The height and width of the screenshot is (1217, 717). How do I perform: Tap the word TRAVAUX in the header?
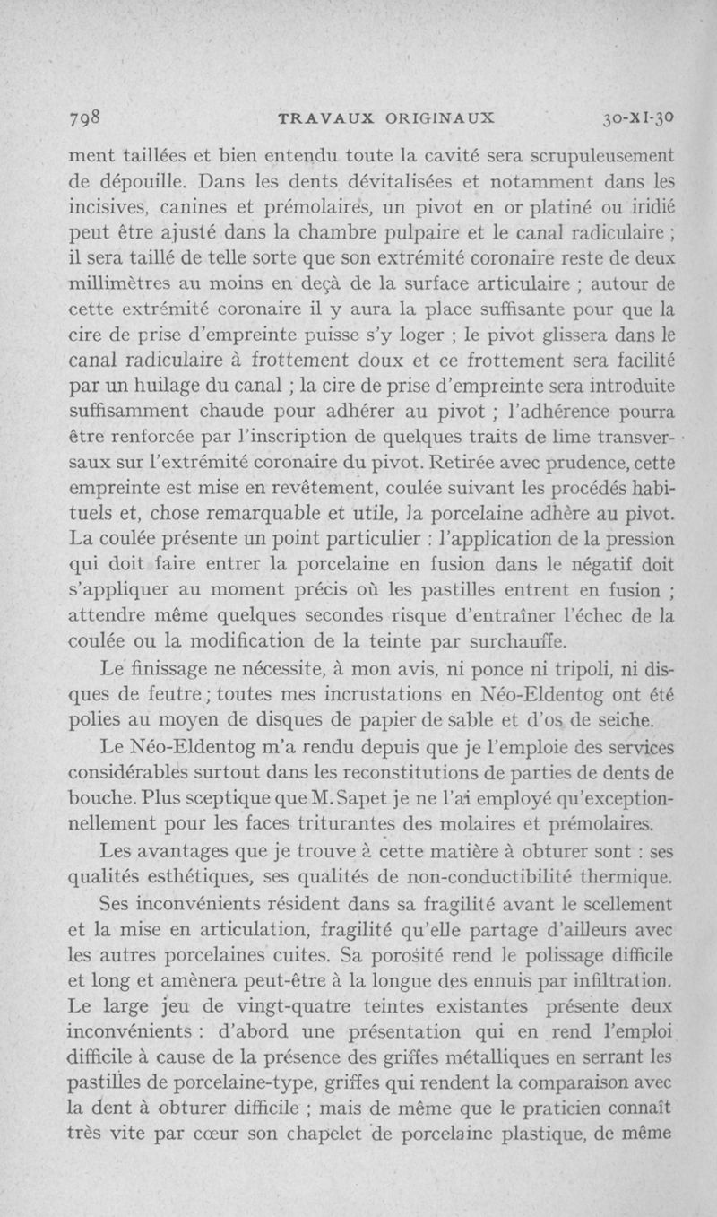pos(320,118)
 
